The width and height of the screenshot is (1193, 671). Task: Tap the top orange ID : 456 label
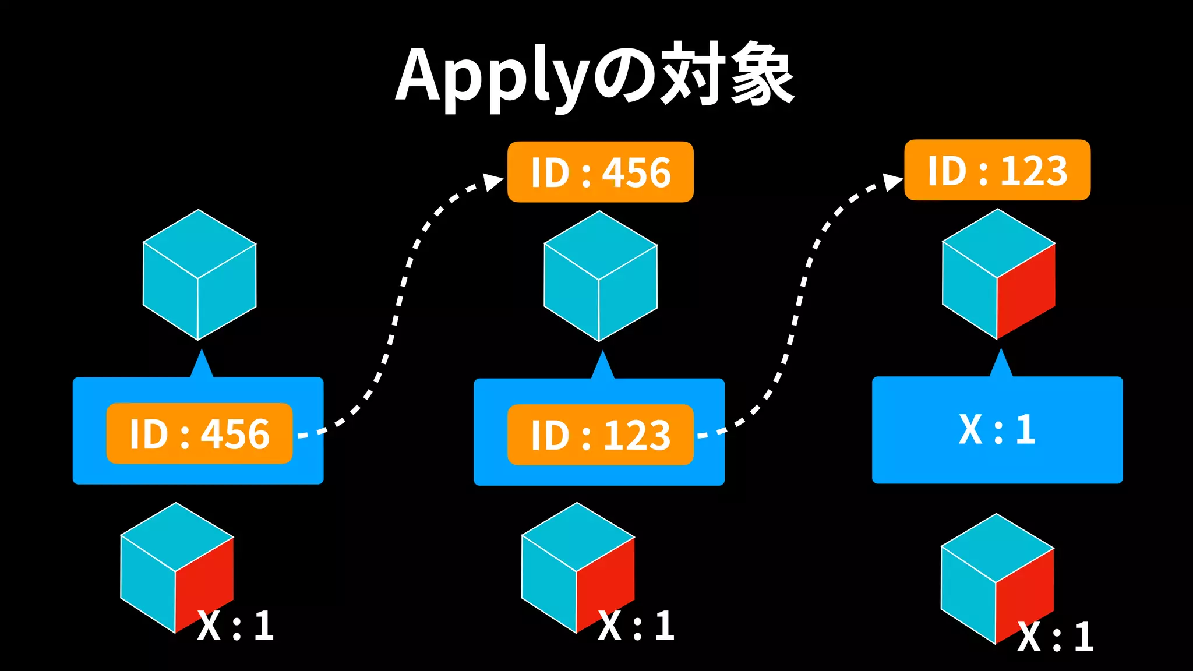tap(600, 172)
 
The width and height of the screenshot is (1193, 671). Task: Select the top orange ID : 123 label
tap(997, 170)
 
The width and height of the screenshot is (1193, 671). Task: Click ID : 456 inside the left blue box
tap(199, 433)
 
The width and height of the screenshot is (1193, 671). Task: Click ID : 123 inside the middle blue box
tap(600, 435)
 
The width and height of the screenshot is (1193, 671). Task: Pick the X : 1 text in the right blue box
tap(997, 430)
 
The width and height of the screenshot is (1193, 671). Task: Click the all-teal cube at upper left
tap(199, 275)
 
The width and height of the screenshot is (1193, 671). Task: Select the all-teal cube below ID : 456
tap(600, 276)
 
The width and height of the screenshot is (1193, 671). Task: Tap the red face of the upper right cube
tap(1025, 291)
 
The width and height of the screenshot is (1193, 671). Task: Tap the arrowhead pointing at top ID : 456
tap(493, 182)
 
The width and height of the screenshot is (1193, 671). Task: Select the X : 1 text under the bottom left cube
tap(235, 626)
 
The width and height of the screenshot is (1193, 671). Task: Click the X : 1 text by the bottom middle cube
tap(636, 626)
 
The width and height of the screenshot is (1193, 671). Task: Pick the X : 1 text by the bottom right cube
tap(1055, 637)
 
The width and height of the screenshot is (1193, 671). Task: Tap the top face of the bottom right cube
tap(997, 548)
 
